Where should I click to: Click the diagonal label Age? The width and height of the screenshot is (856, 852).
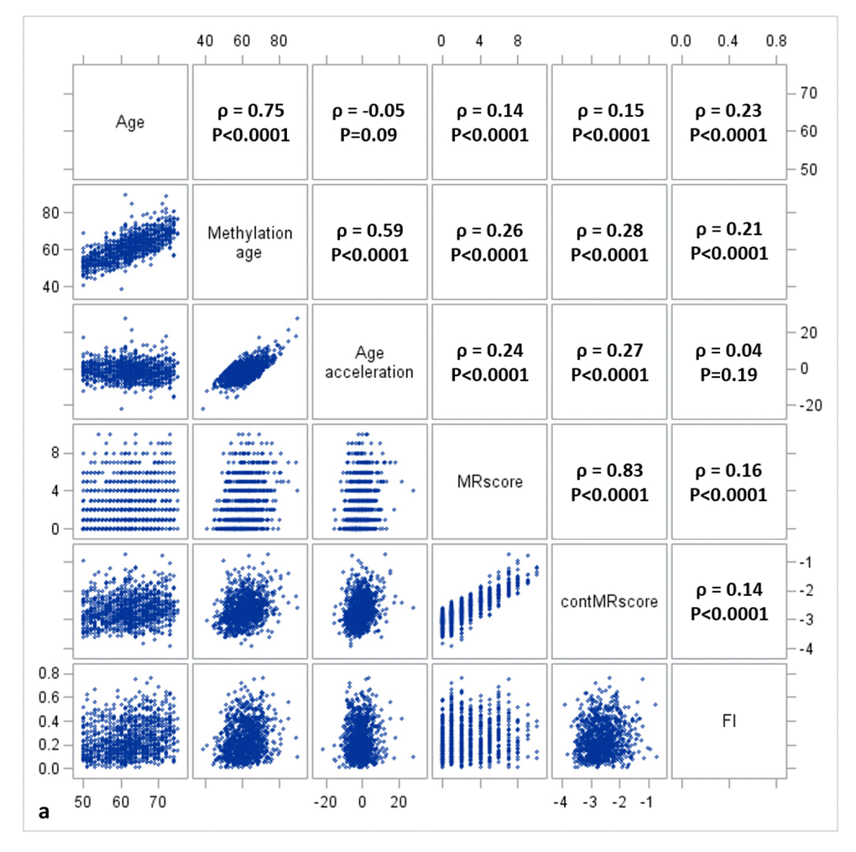130,123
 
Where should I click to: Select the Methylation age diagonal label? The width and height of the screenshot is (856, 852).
250,242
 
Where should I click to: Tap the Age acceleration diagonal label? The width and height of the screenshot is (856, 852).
369,362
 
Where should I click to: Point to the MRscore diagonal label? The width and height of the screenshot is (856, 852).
490,483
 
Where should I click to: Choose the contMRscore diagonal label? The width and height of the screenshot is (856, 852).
608,602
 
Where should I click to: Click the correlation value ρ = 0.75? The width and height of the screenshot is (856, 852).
250,110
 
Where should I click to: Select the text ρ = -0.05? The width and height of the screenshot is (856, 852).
369,110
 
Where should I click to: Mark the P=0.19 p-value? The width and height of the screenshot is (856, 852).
728,375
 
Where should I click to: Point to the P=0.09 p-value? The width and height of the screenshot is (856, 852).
369,135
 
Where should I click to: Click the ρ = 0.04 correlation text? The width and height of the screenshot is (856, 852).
728,350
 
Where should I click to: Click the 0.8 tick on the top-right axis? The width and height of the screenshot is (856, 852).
777,40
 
